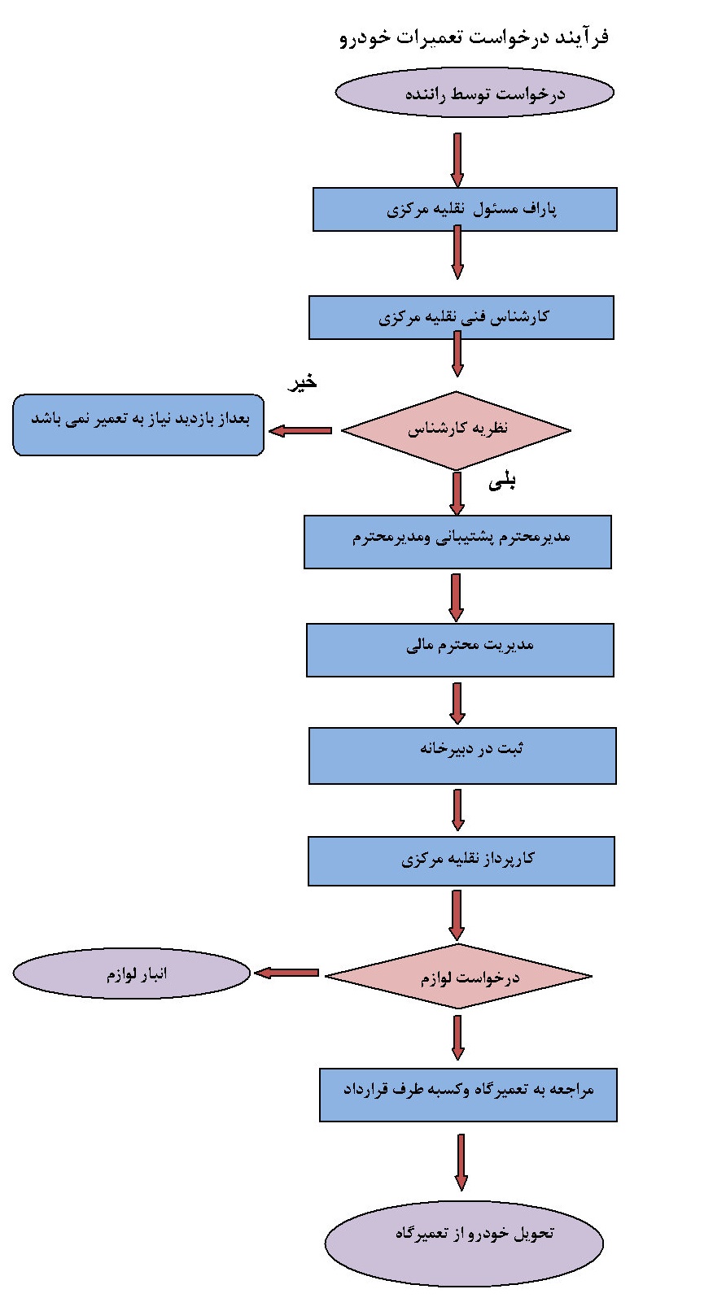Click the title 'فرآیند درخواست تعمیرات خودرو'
pyautogui.click(x=474, y=37)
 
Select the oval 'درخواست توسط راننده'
pyautogui.click(x=474, y=93)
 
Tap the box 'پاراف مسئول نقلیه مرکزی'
pyautogui.click(x=465, y=210)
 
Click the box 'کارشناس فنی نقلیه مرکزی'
pyautogui.click(x=461, y=317)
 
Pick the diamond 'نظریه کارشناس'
pyautogui.click(x=456, y=430)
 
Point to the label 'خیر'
pyautogui.click(x=303, y=382)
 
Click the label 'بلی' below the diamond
pyautogui.click(x=502, y=482)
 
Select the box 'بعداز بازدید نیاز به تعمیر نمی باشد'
pyautogui.click(x=138, y=425)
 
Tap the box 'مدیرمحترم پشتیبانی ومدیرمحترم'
pyautogui.click(x=457, y=542)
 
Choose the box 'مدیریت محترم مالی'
pyautogui.click(x=460, y=650)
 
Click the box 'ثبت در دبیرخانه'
pyautogui.click(x=462, y=756)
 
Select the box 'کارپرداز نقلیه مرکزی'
pyautogui.click(x=461, y=861)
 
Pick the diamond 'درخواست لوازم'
pyautogui.click(x=458, y=976)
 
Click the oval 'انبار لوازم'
pyautogui.click(x=132, y=973)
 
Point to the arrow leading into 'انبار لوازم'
pyautogui.click(x=286, y=973)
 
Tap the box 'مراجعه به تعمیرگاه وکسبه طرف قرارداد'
pyautogui.click(x=468, y=1095)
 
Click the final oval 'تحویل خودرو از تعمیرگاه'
pyautogui.click(x=464, y=1243)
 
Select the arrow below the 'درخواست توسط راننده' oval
pyautogui.click(x=457, y=159)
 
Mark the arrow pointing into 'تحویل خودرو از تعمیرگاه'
pyautogui.click(x=461, y=1162)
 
